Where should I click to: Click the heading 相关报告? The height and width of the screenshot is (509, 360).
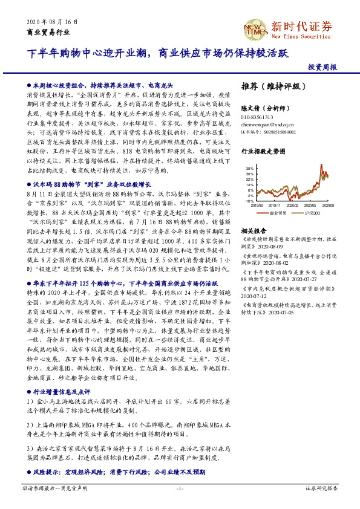point(254,231)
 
